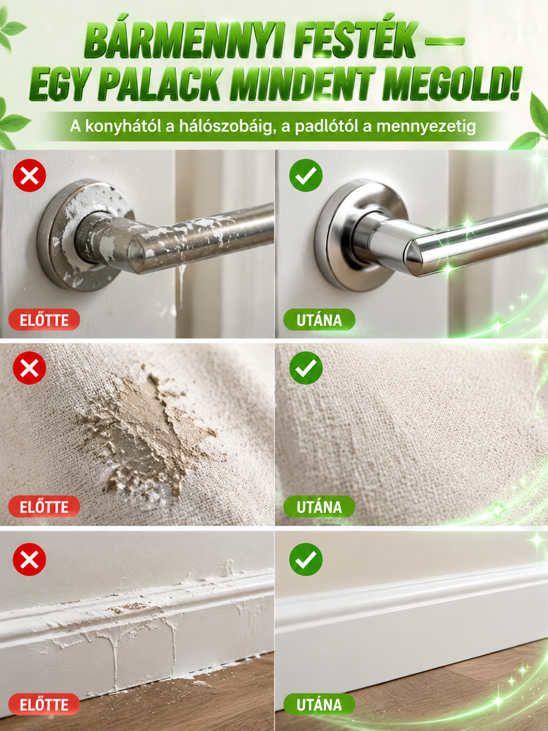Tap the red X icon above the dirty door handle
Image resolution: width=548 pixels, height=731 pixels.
tap(29, 176)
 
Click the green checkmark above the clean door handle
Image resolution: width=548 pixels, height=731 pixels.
tap(306, 176)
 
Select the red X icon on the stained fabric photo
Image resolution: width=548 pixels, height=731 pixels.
tap(29, 368)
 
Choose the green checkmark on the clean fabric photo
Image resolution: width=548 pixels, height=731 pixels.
tap(306, 368)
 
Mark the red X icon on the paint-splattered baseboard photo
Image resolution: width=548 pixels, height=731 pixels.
tap(29, 559)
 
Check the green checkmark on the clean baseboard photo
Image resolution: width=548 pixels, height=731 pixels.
tap(306, 559)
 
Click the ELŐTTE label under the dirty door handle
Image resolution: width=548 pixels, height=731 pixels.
tap(44, 320)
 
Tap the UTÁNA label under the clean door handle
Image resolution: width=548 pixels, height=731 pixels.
tap(319, 320)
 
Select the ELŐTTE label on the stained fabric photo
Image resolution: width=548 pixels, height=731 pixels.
tap(44, 506)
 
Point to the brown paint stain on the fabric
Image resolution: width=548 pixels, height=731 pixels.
tap(150, 433)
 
